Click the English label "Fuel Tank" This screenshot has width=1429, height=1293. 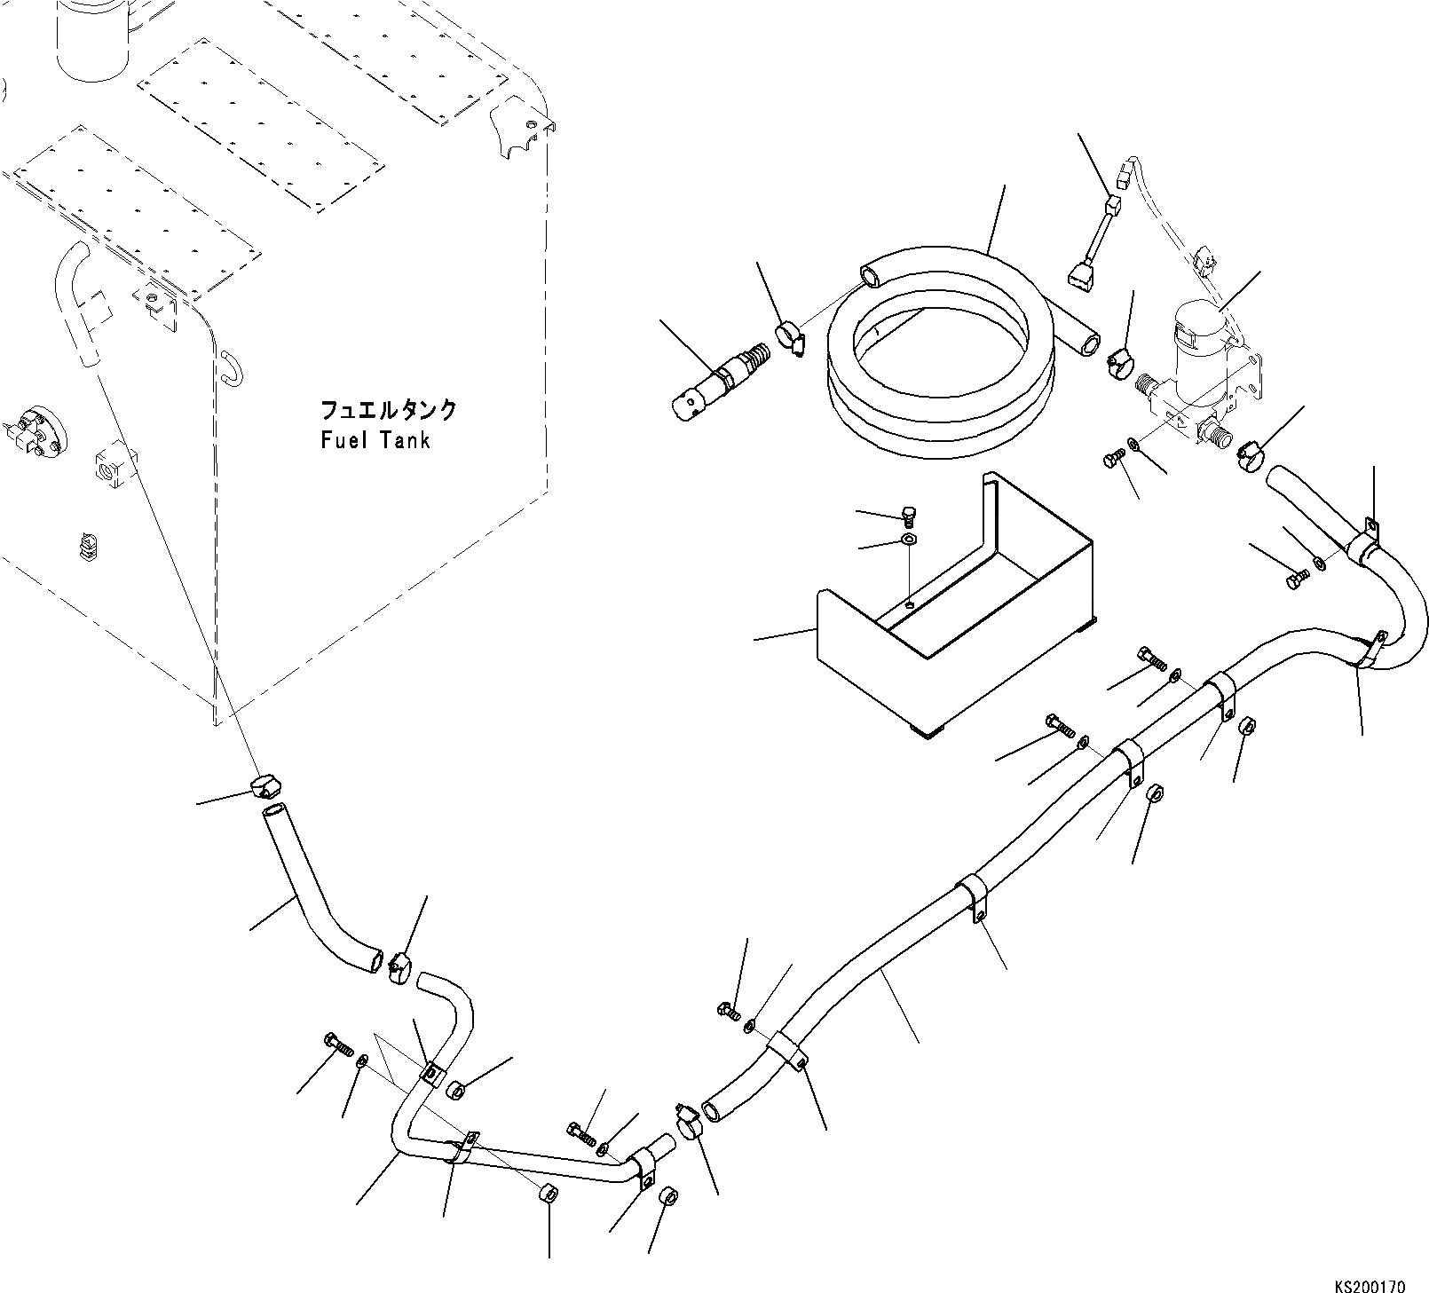[375, 439]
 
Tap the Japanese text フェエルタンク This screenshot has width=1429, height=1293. [388, 410]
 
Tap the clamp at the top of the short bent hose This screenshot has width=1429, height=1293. [264, 785]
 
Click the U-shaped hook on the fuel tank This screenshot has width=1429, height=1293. [228, 367]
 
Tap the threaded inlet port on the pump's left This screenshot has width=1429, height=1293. [1150, 387]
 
